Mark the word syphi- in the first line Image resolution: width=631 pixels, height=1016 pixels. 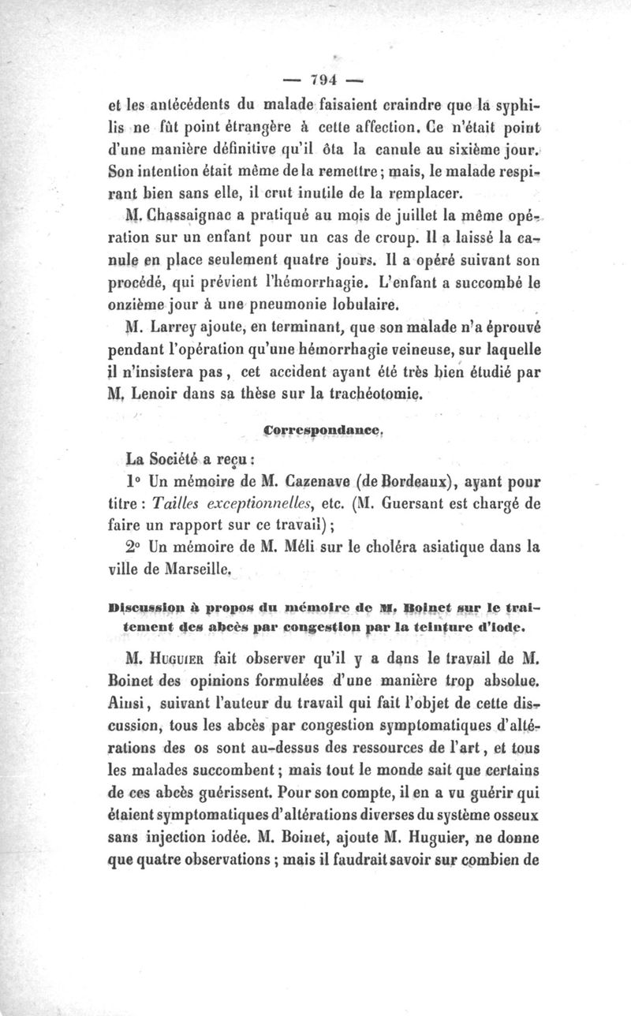point(513,104)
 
